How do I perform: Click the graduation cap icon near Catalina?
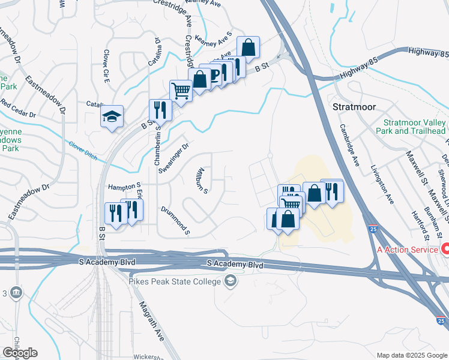pos(112,116)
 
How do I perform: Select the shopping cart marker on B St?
pos(181,91)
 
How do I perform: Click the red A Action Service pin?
pos(446,248)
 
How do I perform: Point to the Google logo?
pos(20,353)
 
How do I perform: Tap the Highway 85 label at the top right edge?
pos(427,53)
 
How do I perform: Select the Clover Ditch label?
pos(83,146)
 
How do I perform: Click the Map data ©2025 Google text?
pos(411,355)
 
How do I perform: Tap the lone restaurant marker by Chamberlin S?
pos(160,109)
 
